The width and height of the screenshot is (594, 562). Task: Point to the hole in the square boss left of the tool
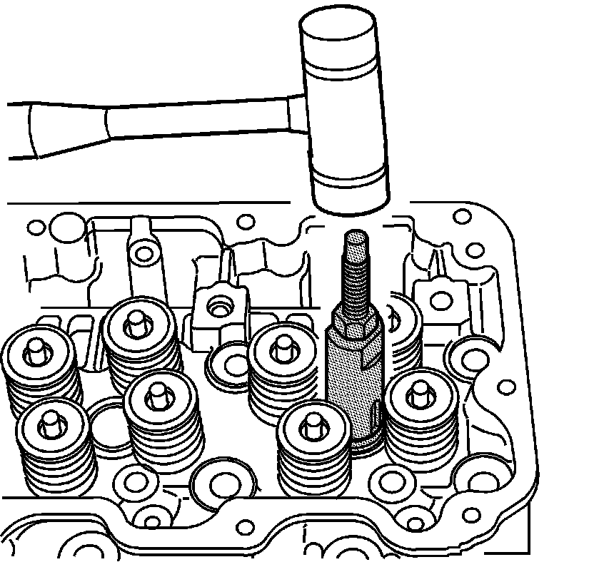tap(216, 307)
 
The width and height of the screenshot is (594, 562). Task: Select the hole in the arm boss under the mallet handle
tap(146, 254)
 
